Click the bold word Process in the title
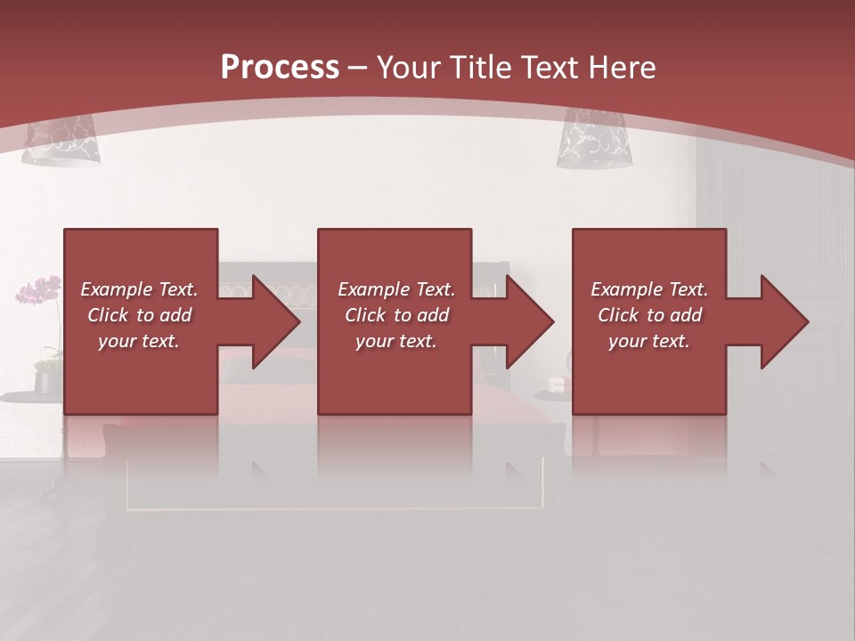[280, 68]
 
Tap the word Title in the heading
[482, 68]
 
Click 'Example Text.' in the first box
[139, 289]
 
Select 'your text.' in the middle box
[395, 341]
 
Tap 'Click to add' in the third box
[649, 315]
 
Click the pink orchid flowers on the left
[39, 290]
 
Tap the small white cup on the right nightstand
[558, 385]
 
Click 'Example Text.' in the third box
[649, 289]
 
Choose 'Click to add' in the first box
[139, 315]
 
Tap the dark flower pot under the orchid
[44, 382]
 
